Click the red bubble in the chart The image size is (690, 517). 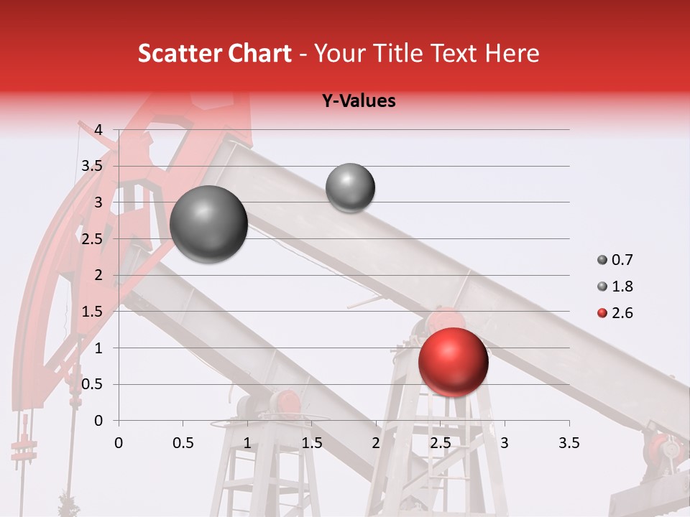[x=453, y=361]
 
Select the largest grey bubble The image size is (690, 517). [x=208, y=224]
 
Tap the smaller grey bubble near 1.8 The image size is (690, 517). [x=350, y=187]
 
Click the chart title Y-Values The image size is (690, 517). [x=359, y=101]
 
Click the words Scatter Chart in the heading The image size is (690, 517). [x=214, y=53]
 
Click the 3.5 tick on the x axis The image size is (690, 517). [x=569, y=443]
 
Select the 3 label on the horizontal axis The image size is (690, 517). [x=504, y=443]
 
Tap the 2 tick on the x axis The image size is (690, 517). [x=375, y=443]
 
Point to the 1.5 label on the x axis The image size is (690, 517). [x=311, y=443]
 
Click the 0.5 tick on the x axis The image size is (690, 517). [x=183, y=443]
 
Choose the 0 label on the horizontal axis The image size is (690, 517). [x=119, y=443]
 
